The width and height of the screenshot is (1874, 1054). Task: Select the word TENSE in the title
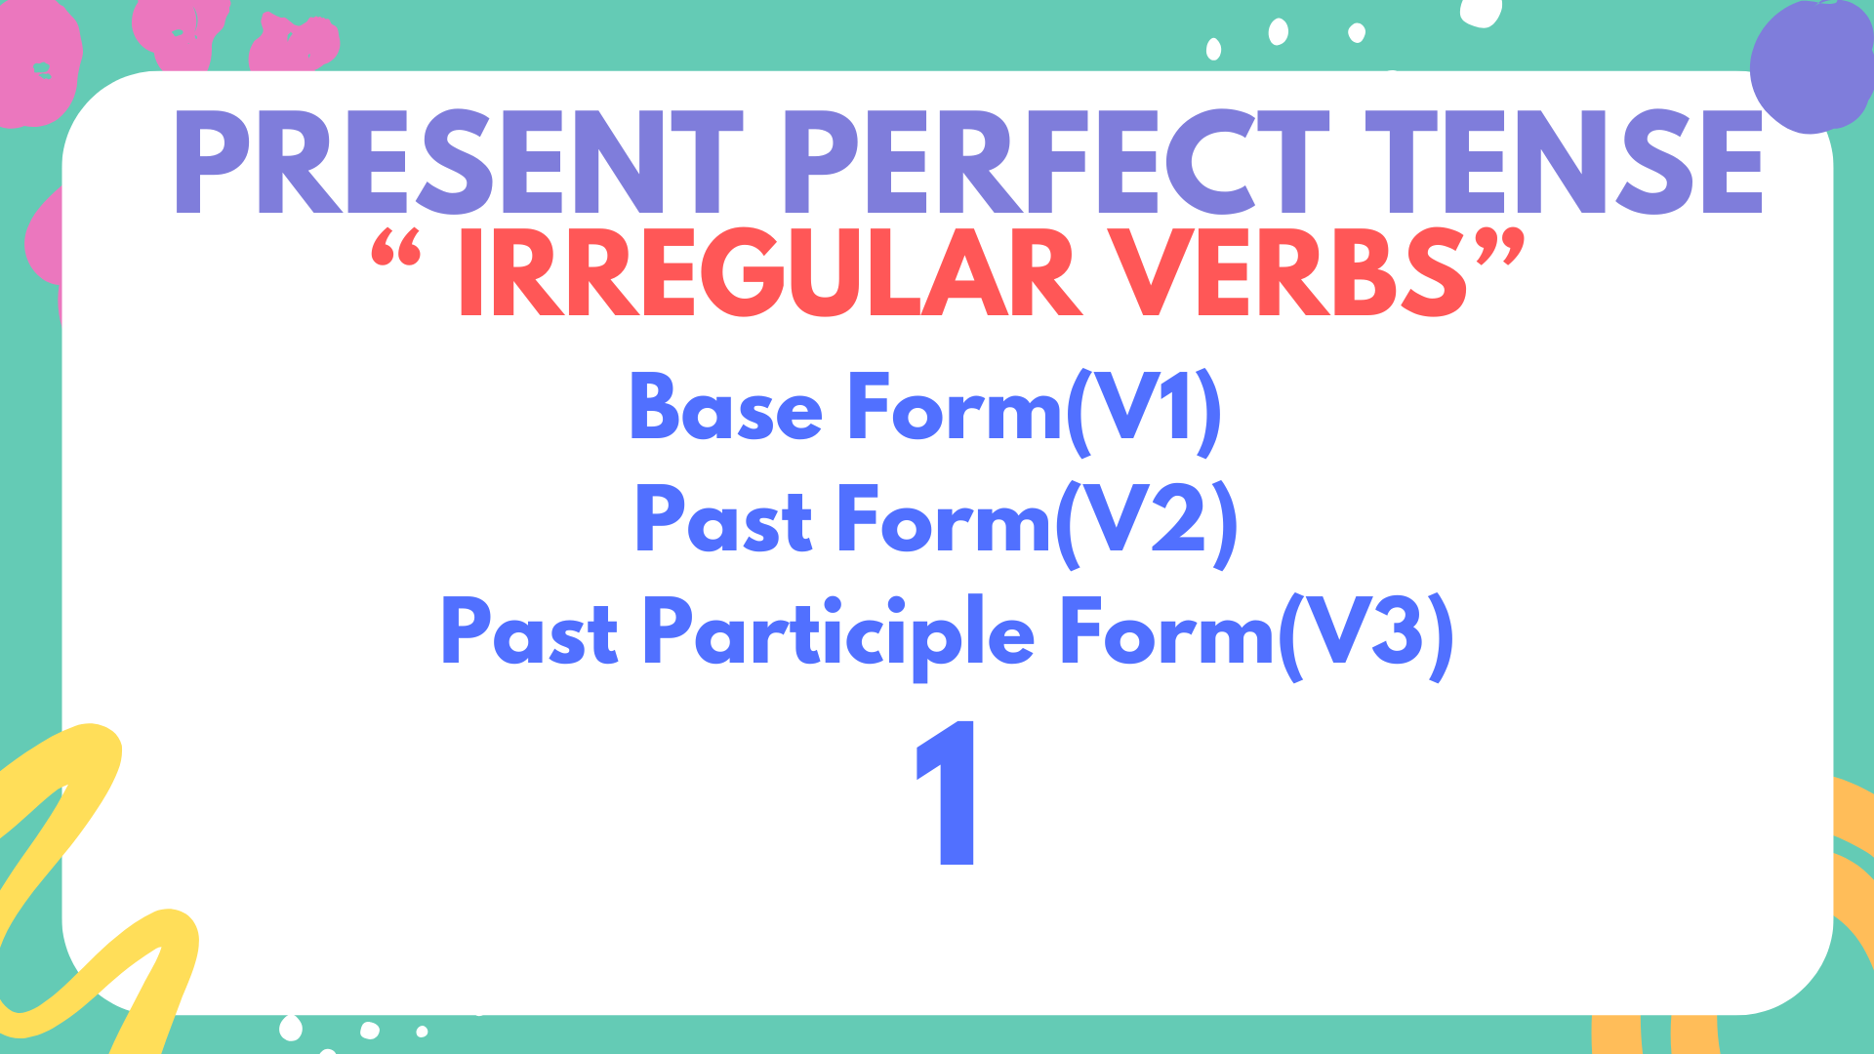(x=1562, y=162)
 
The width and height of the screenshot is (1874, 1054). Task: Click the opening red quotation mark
(x=396, y=250)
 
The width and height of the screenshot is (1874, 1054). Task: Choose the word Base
(x=726, y=408)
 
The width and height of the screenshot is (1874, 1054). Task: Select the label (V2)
(x=1147, y=522)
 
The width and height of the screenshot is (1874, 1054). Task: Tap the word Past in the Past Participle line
(x=530, y=634)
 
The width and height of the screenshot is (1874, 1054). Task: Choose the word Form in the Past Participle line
(x=1167, y=634)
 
